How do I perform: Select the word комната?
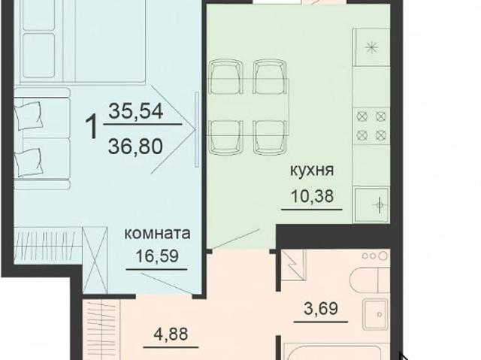pyautogui.click(x=157, y=232)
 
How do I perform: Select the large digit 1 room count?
pyautogui.click(x=93, y=127)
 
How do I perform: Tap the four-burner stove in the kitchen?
pyautogui.click(x=372, y=125)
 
